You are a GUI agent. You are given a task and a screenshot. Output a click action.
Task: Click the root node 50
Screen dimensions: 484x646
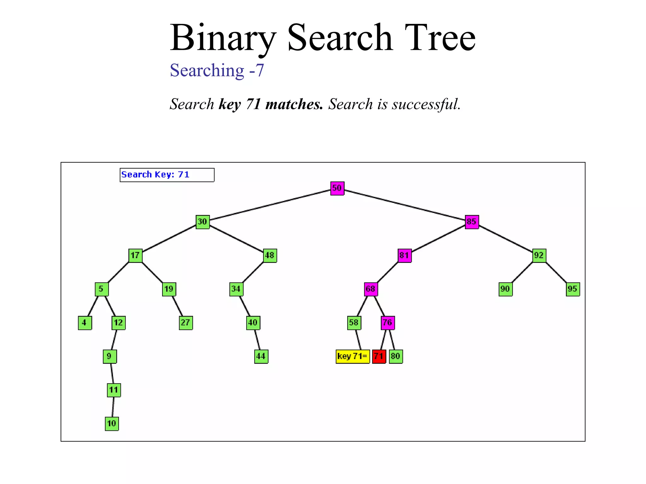(x=337, y=188)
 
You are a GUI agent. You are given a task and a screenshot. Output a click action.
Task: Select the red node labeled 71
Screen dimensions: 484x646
(x=379, y=356)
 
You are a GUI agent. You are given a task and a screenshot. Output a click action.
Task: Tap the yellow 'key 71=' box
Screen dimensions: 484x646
(x=352, y=356)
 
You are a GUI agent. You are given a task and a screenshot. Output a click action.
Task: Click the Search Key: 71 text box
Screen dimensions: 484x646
(x=167, y=175)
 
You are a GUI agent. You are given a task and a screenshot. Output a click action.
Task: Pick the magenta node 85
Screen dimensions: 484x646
(x=472, y=222)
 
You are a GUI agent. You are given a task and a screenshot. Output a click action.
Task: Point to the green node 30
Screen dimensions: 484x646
(x=203, y=222)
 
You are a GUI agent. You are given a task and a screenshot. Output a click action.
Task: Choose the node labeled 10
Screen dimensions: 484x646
(x=112, y=423)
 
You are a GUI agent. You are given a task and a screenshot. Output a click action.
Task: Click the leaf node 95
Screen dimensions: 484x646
(x=573, y=289)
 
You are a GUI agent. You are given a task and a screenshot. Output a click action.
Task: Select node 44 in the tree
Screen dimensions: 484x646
(x=261, y=356)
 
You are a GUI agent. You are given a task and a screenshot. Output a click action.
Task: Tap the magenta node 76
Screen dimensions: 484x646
(x=388, y=323)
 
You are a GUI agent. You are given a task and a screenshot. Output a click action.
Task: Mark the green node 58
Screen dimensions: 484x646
(x=354, y=323)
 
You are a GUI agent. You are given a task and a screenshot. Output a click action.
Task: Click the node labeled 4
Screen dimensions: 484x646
(x=85, y=323)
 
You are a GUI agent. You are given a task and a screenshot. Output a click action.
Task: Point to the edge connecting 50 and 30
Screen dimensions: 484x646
(x=270, y=205)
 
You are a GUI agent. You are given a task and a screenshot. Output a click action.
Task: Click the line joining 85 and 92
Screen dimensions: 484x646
(x=505, y=239)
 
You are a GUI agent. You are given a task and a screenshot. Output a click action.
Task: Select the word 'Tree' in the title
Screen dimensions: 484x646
(x=440, y=38)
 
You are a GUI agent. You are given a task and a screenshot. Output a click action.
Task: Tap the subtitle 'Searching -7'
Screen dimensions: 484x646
(x=217, y=70)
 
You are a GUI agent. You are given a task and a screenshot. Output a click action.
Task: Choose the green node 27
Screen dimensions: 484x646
(x=186, y=323)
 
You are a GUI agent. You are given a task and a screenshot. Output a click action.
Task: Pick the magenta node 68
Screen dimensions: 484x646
(x=371, y=289)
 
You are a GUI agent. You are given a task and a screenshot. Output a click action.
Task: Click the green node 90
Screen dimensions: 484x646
(x=505, y=289)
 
